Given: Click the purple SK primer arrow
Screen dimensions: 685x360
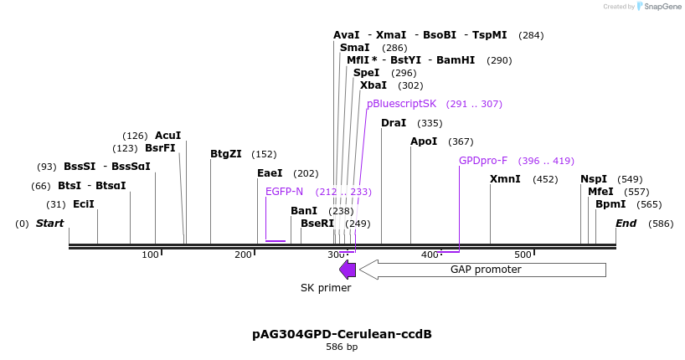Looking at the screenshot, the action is (348, 270).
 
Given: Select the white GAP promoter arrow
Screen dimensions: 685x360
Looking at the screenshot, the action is (482, 270).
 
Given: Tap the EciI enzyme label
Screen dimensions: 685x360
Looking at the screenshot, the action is (84, 204).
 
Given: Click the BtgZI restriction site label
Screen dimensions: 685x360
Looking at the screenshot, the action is (226, 154).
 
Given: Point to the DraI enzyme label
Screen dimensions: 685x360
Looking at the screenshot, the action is (394, 123).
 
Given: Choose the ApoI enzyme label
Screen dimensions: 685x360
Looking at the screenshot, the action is (424, 141).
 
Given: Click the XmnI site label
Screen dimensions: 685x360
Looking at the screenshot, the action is (505, 178).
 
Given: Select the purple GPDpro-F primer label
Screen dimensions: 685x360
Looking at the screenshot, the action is (483, 161).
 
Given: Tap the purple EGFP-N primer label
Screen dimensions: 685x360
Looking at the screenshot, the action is (284, 192).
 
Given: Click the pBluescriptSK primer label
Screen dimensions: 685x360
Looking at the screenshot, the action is (401, 104).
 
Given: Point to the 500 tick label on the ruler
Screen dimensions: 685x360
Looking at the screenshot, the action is (523, 255).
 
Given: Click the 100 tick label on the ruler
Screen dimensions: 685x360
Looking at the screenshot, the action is (150, 255).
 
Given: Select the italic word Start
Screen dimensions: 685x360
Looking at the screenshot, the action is (49, 224).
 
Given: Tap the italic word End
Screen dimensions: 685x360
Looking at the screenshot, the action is (626, 224).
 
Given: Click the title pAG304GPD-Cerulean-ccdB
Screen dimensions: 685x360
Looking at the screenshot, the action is (342, 334).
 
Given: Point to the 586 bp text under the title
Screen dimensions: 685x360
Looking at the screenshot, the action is (342, 347).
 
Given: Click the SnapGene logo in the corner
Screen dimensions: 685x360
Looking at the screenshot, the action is (659, 7).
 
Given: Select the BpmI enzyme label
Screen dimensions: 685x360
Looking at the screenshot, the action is (610, 204).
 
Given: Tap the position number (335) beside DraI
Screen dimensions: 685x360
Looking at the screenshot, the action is (430, 123).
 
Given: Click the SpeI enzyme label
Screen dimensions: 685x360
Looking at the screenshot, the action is (367, 73).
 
